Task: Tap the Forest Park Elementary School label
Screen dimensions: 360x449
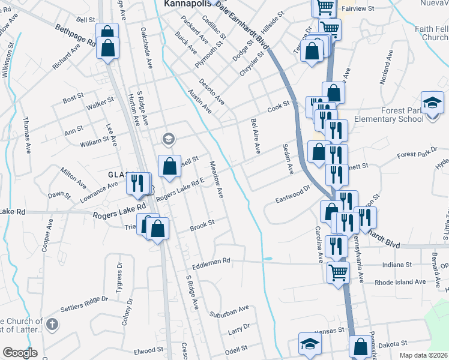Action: pos(415,115)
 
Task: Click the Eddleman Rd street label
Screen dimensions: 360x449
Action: pos(211,262)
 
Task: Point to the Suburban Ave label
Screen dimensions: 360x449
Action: pos(229,311)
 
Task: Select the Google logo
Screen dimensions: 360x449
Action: pos(20,352)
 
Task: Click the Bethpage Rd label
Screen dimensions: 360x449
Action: pos(75,36)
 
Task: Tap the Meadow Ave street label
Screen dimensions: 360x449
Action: pos(216,181)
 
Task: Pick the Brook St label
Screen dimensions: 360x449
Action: pos(202,225)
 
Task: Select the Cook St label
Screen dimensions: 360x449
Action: pos(279,106)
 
